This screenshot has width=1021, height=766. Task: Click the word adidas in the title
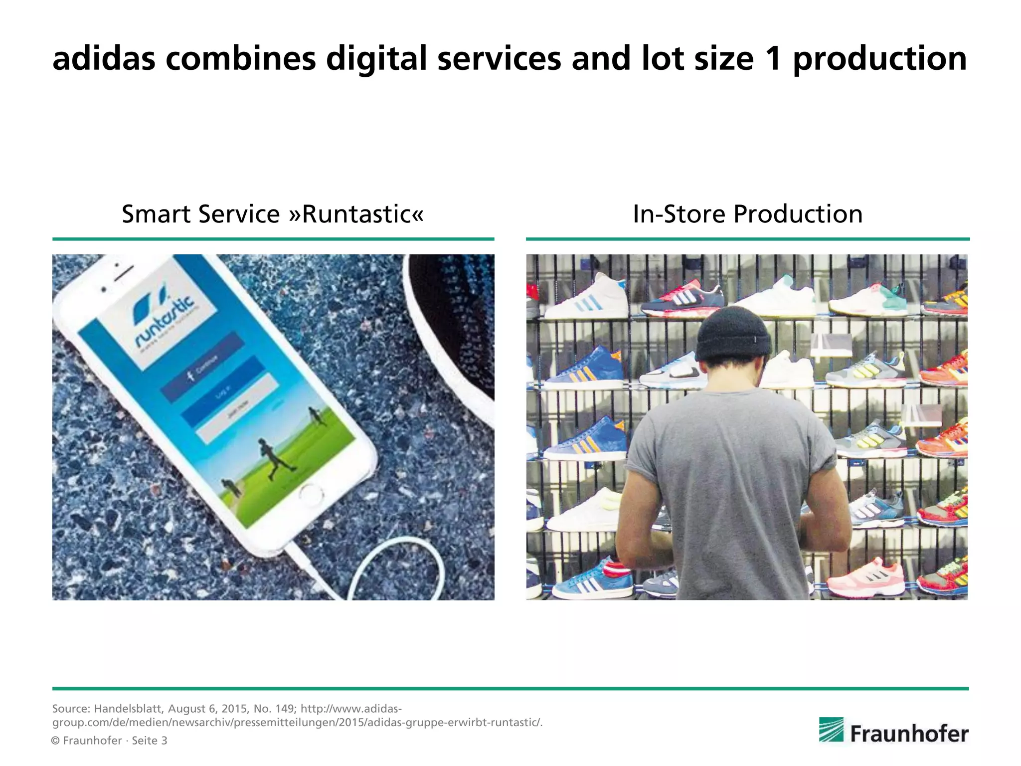pos(104,59)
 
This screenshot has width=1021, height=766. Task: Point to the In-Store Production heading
pos(747,214)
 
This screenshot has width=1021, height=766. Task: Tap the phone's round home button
pos(311,495)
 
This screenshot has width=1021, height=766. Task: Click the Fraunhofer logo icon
pos(831,730)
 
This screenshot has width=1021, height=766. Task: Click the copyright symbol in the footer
pos(56,741)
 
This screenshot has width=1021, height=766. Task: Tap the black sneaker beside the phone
pos(454,324)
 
